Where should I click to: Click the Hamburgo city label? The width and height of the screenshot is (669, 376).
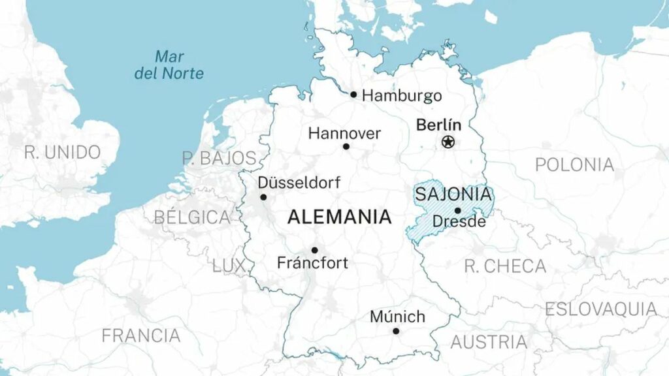pyautogui.click(x=402, y=96)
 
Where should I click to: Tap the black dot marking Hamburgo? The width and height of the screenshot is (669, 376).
pyautogui.click(x=353, y=95)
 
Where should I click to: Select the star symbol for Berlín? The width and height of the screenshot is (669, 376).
pyautogui.click(x=448, y=141)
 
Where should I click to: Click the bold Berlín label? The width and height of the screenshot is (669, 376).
pyautogui.click(x=438, y=125)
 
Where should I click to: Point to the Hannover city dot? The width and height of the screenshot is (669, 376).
pyautogui.click(x=346, y=146)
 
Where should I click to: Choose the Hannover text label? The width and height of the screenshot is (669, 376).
pyautogui.click(x=344, y=134)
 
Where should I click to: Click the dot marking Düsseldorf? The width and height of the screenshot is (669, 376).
pyautogui.click(x=263, y=197)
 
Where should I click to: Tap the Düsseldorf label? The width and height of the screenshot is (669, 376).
pyautogui.click(x=299, y=183)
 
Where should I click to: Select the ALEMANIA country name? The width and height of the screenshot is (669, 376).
pyautogui.click(x=339, y=217)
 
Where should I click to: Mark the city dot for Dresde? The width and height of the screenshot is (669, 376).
pyautogui.click(x=457, y=210)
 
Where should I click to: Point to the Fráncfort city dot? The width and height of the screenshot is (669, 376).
pyautogui.click(x=314, y=250)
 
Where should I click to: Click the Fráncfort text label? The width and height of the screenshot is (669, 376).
pyautogui.click(x=312, y=264)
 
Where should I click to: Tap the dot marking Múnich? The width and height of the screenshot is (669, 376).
pyautogui.click(x=396, y=331)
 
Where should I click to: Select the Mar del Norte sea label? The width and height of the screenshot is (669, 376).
pyautogui.click(x=169, y=65)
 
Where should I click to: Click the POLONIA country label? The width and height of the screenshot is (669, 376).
pyautogui.click(x=574, y=165)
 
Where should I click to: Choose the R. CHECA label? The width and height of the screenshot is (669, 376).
pyautogui.click(x=505, y=266)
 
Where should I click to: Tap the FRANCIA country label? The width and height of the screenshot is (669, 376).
pyautogui.click(x=140, y=336)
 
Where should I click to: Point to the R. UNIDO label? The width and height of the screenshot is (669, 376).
pyautogui.click(x=63, y=153)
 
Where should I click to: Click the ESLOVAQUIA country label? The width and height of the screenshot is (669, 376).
pyautogui.click(x=601, y=309)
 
